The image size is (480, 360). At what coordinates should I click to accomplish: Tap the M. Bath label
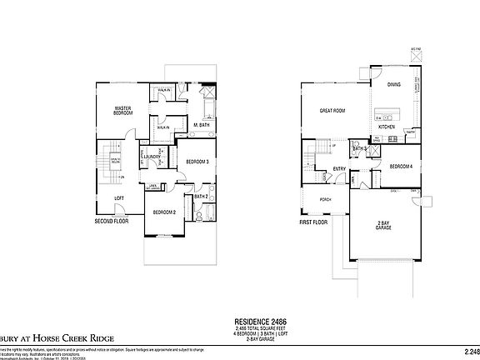[201, 125]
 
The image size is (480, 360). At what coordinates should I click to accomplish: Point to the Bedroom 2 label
[164, 212]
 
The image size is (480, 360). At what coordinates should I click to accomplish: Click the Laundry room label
[152, 156]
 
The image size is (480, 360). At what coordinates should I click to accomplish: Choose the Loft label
[119, 197]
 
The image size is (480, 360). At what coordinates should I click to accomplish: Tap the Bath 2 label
[200, 196]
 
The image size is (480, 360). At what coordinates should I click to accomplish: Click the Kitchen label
[387, 127]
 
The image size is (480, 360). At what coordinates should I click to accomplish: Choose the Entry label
[339, 169]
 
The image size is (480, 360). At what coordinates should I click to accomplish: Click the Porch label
[326, 198]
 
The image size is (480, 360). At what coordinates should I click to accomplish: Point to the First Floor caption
[315, 223]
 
